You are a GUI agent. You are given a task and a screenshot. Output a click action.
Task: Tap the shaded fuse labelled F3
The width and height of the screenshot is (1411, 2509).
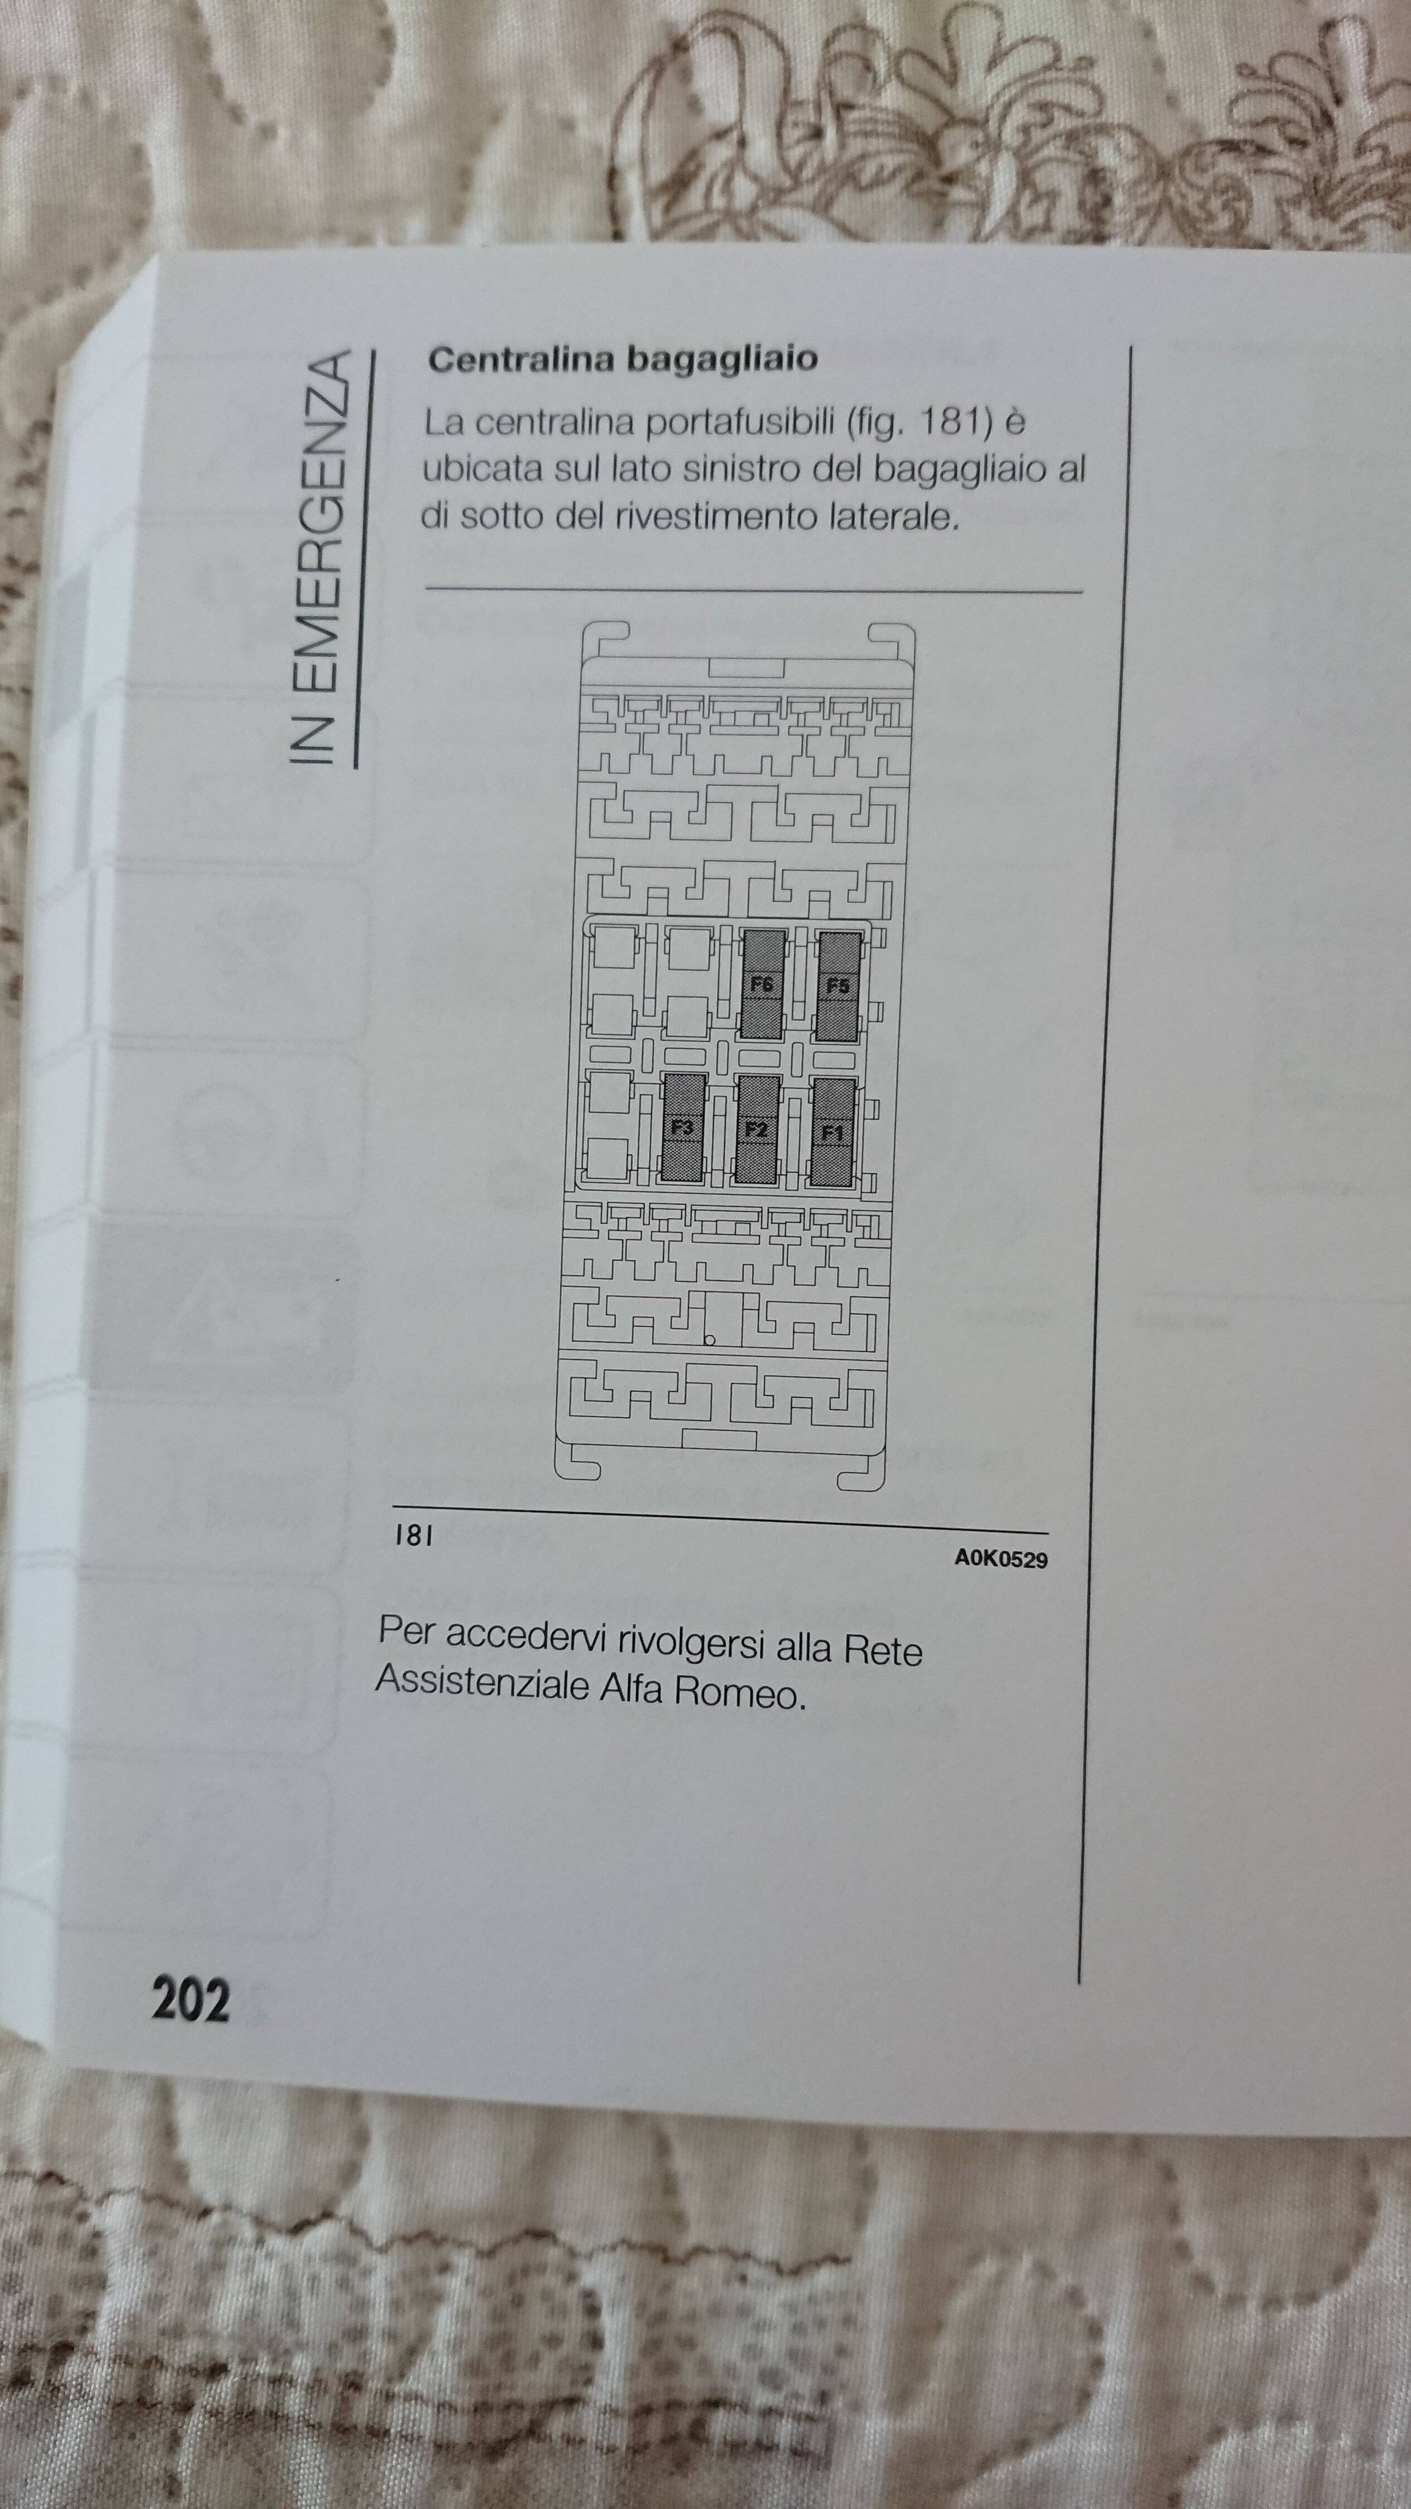pos(684,1129)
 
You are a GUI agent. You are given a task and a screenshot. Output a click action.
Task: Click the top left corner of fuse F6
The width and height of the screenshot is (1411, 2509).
pos(742,929)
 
